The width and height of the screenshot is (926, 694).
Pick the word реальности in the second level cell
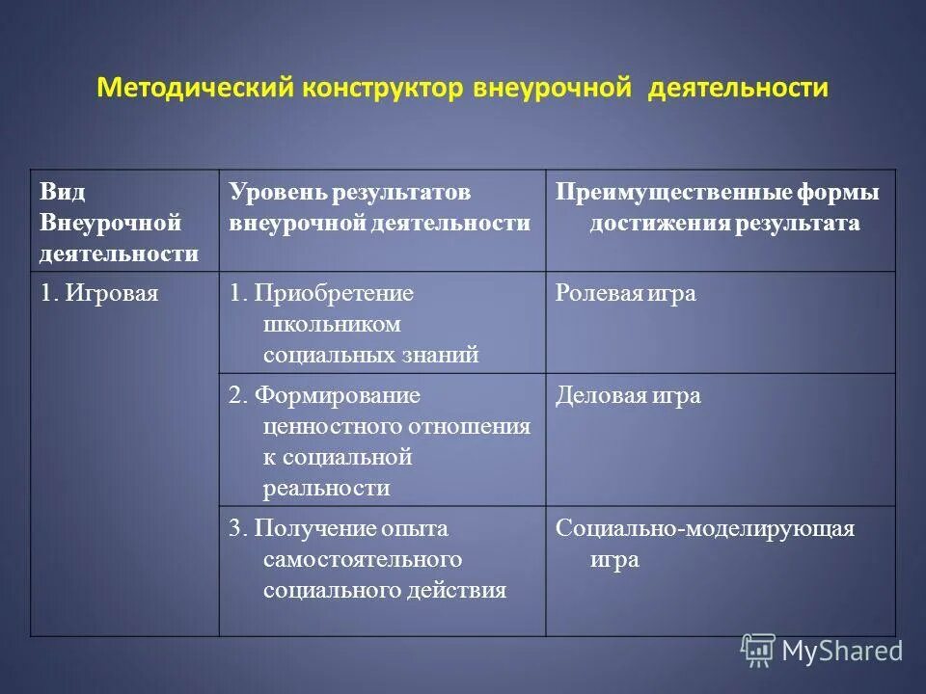click(x=326, y=488)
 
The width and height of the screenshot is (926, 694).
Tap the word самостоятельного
click(x=363, y=559)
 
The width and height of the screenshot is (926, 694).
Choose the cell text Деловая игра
click(x=627, y=395)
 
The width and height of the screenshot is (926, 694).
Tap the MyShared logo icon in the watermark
click(x=758, y=651)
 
